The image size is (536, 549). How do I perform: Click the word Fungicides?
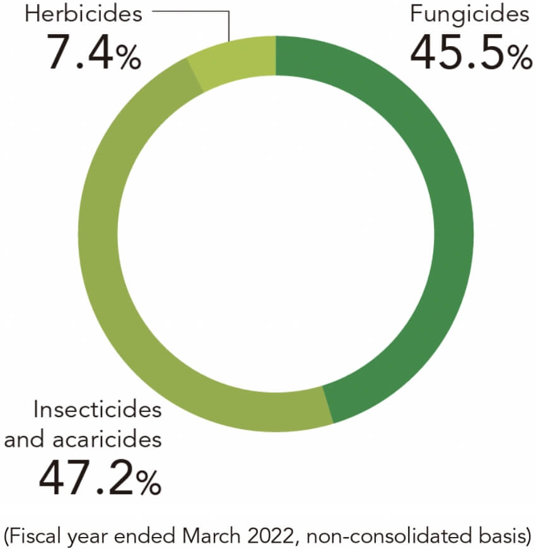coord(469,14)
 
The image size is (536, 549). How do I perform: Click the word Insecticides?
coord(97,410)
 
